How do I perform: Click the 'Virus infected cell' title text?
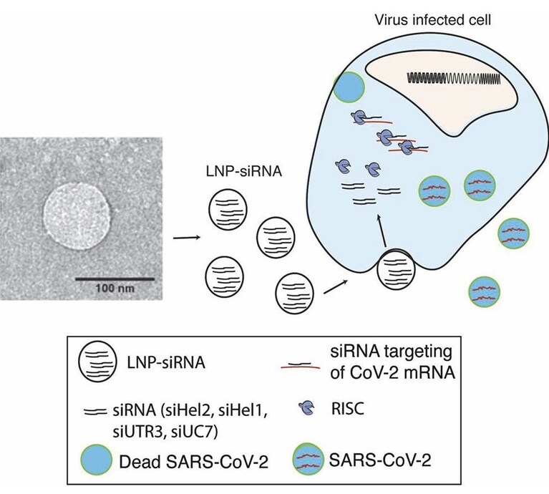(x=432, y=20)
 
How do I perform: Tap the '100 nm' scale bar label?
(x=115, y=289)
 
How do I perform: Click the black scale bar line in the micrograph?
(x=115, y=279)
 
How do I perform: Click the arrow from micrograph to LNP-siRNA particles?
(x=187, y=238)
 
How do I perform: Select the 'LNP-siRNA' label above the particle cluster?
(x=243, y=172)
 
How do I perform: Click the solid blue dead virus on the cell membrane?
(x=349, y=87)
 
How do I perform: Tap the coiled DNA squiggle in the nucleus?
(x=454, y=79)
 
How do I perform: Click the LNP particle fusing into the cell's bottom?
(x=396, y=269)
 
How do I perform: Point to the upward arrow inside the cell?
(x=382, y=232)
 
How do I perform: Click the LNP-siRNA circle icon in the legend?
(x=97, y=361)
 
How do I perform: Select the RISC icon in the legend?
(x=307, y=408)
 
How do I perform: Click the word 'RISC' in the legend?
(x=348, y=409)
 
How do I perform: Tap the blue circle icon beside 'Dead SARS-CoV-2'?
(x=96, y=460)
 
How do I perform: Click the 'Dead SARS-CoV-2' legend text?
(x=194, y=462)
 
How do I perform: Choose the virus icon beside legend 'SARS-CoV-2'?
(x=308, y=458)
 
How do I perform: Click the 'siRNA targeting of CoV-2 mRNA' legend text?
(x=392, y=362)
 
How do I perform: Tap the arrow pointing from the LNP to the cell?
(x=336, y=286)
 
